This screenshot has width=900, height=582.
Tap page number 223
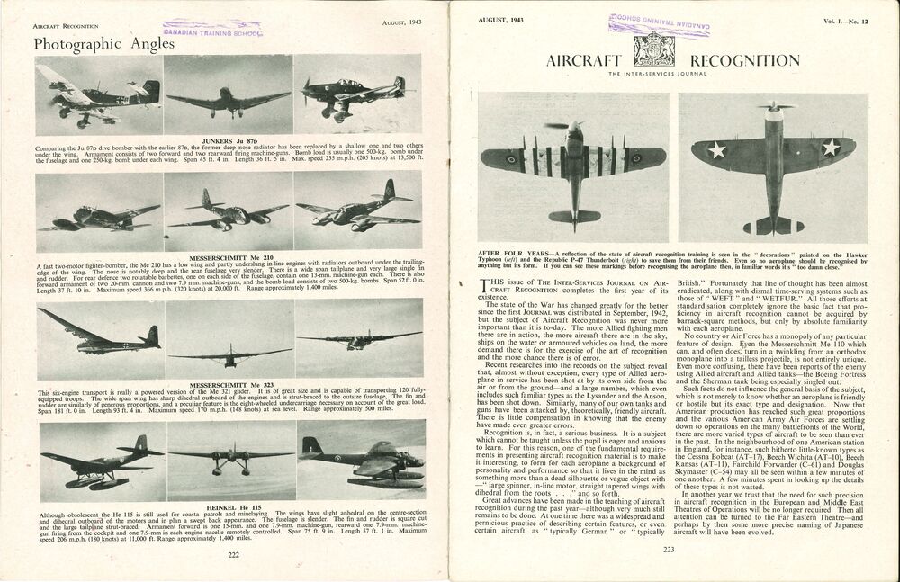[669, 551]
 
